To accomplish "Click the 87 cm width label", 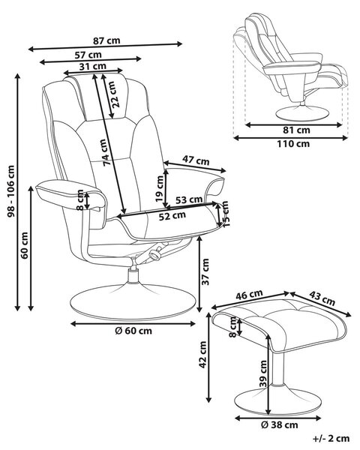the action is pos(106,40).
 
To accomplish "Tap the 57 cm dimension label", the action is pos(88,55).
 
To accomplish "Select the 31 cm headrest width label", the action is pos(93,67).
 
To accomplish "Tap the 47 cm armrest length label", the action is pos(196,160).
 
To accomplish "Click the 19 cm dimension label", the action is pos(159,188).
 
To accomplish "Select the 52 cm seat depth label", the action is pos(172,216).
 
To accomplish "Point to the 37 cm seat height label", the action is pos(205,271).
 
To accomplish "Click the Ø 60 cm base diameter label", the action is pos(133,331).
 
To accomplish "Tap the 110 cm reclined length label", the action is pos(293,143).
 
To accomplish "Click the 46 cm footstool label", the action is pos(249,295).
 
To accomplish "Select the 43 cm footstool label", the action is pos(322,298).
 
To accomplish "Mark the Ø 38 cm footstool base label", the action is pos(280,424).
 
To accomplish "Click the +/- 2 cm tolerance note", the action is pos(331,439).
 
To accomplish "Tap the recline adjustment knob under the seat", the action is pos(154,254).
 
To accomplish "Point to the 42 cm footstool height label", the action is pos(202,355).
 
